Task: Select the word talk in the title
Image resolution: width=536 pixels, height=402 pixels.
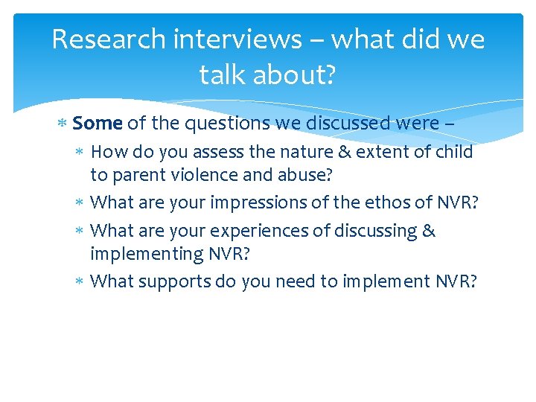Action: pyautogui.click(x=219, y=74)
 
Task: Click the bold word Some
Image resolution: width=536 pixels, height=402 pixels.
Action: pyautogui.click(x=98, y=123)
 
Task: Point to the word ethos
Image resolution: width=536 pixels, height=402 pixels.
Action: pyautogui.click(x=369, y=202)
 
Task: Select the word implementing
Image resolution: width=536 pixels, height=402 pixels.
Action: pyautogui.click(x=147, y=254)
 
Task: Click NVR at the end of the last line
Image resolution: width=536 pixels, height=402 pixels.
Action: pyautogui.click(x=450, y=281)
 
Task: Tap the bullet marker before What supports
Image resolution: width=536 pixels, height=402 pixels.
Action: pyautogui.click(x=80, y=281)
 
